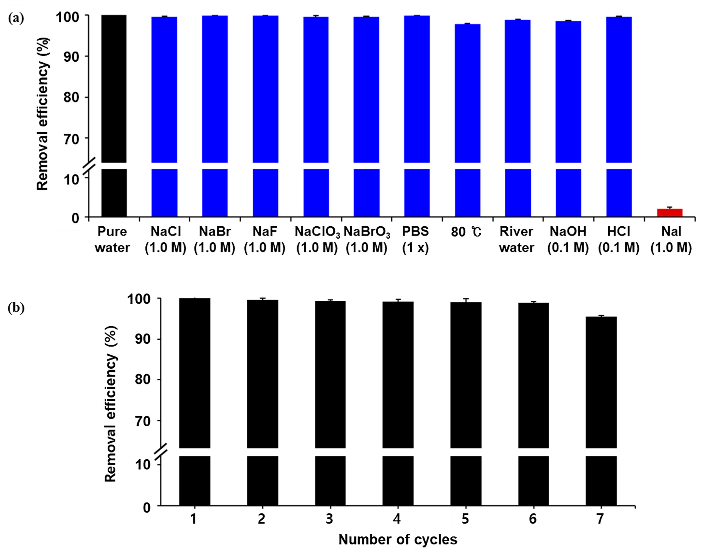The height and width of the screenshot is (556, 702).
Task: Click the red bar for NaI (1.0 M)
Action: (x=669, y=213)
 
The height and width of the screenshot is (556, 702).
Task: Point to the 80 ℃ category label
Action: (x=466, y=232)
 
